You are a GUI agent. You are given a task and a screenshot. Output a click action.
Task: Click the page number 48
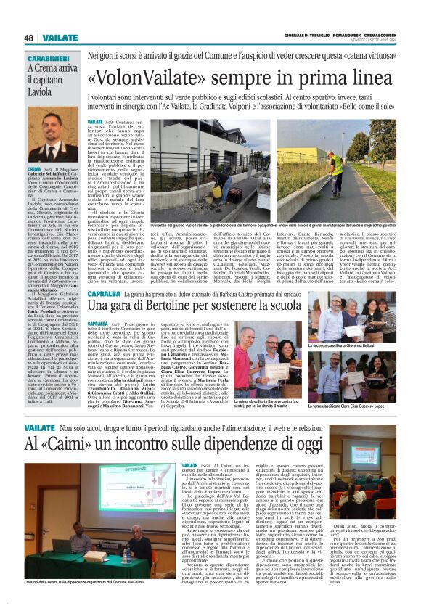29,38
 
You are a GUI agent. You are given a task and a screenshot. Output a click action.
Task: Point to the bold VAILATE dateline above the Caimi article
190,464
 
